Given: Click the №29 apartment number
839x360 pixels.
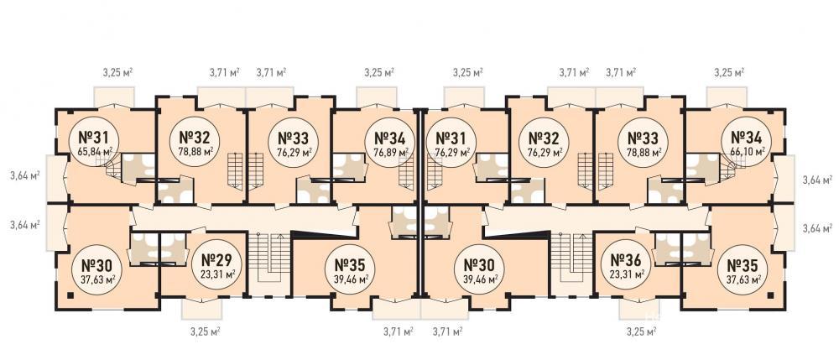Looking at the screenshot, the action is [216, 261].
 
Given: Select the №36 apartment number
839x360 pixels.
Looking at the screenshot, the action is [627, 261].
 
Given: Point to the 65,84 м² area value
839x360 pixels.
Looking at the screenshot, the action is [94, 151].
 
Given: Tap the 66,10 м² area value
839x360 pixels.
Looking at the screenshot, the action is [747, 151].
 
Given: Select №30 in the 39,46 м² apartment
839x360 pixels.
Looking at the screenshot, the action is [478, 265].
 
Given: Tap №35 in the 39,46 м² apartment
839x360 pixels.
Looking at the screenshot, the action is [350, 265].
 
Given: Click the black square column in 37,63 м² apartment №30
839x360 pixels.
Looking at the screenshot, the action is [70, 295].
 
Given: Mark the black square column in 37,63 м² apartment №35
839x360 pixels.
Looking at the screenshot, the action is [770, 295].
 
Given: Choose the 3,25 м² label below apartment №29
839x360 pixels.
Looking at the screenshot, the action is [206, 331].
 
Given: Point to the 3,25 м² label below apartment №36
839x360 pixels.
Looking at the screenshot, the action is [641, 331].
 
